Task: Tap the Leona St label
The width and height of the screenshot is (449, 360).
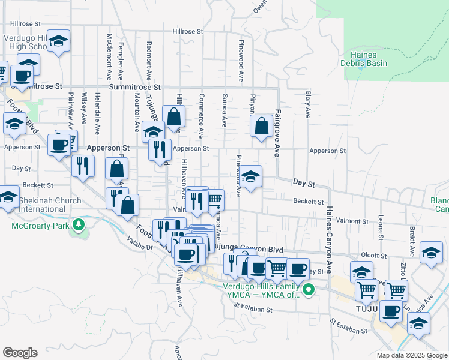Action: (x=381, y=225)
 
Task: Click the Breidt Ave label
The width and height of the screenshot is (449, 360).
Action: (x=413, y=229)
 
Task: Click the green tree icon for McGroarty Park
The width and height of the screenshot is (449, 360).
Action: (x=77, y=225)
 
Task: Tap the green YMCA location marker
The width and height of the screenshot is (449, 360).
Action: (x=309, y=290)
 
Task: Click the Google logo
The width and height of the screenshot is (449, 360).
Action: (x=20, y=353)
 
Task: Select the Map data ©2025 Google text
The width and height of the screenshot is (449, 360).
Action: (x=411, y=355)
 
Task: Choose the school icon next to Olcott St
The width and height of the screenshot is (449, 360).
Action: (x=431, y=252)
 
